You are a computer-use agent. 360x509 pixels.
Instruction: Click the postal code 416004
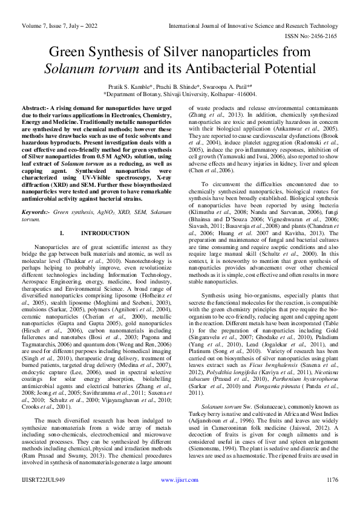pyautogui.click(x=245, y=94)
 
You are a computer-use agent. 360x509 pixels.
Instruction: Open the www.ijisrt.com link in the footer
pyautogui.click(x=180, y=496)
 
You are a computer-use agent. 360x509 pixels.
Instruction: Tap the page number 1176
pyautogui.click(x=331, y=496)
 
